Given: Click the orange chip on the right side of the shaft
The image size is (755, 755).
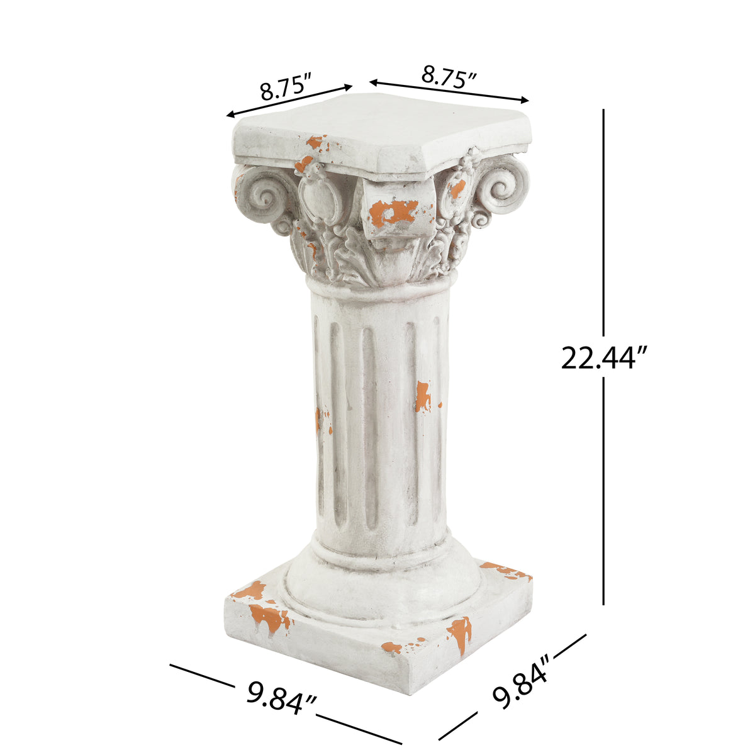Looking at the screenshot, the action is [x=423, y=396].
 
